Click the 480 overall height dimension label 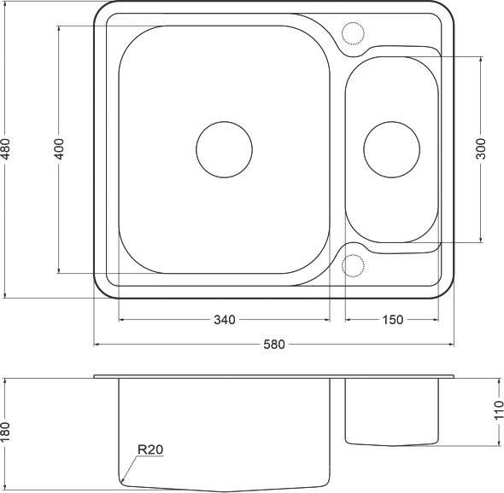(5, 149)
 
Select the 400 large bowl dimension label (59, 149)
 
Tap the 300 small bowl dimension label (481, 149)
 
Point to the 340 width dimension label (225, 320)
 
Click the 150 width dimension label (392, 320)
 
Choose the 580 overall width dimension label (274, 345)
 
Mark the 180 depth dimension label (5, 432)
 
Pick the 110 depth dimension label (499, 410)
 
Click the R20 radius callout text (150, 449)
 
